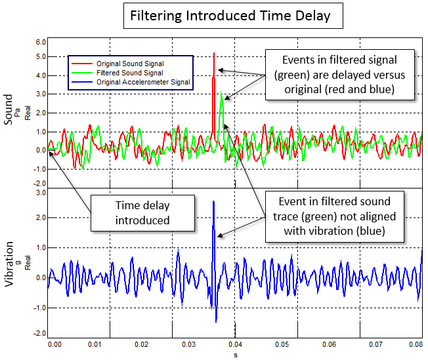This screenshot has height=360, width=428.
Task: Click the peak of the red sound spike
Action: pos(214,52)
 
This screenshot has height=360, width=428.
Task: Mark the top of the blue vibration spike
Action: pos(213,201)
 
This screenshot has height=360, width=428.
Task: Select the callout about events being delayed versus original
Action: pos(339,75)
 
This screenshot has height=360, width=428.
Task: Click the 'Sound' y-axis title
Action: pos(9,110)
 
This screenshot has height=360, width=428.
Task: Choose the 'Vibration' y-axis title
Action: pos(9,265)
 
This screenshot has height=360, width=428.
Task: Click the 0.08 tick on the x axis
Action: pos(415,343)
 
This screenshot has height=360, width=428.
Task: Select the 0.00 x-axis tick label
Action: pos(54,343)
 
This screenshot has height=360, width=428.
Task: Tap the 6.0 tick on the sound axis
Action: pos(40,41)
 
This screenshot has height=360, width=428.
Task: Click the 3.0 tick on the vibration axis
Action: pos(40,193)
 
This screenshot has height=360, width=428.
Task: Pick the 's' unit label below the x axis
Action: pos(235,354)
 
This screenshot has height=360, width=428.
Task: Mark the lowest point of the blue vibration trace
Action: pos(216,321)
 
